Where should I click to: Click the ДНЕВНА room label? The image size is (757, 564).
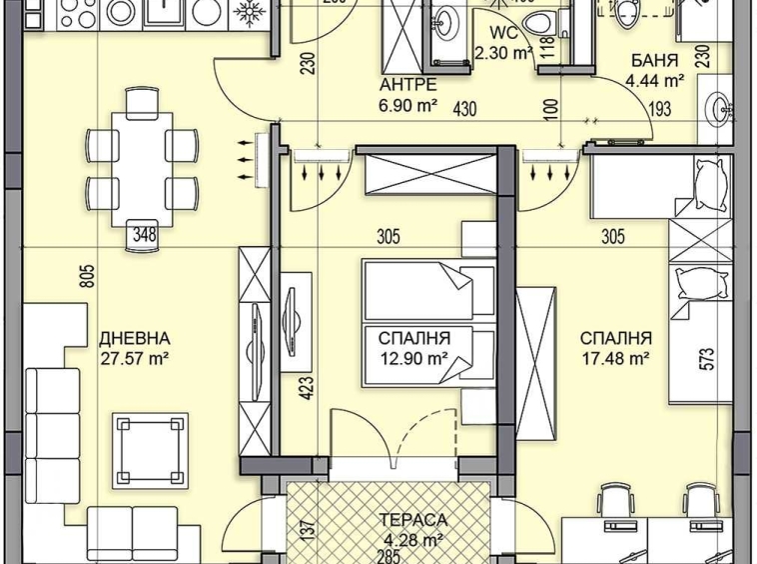click(x=135, y=338)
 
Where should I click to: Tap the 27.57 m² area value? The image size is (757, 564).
click(x=135, y=357)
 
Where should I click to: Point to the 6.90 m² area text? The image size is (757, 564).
click(x=406, y=103)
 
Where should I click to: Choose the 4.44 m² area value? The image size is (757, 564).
click(x=654, y=81)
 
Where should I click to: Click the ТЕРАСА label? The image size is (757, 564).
click(x=412, y=520)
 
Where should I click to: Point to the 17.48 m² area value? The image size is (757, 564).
click(x=616, y=357)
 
